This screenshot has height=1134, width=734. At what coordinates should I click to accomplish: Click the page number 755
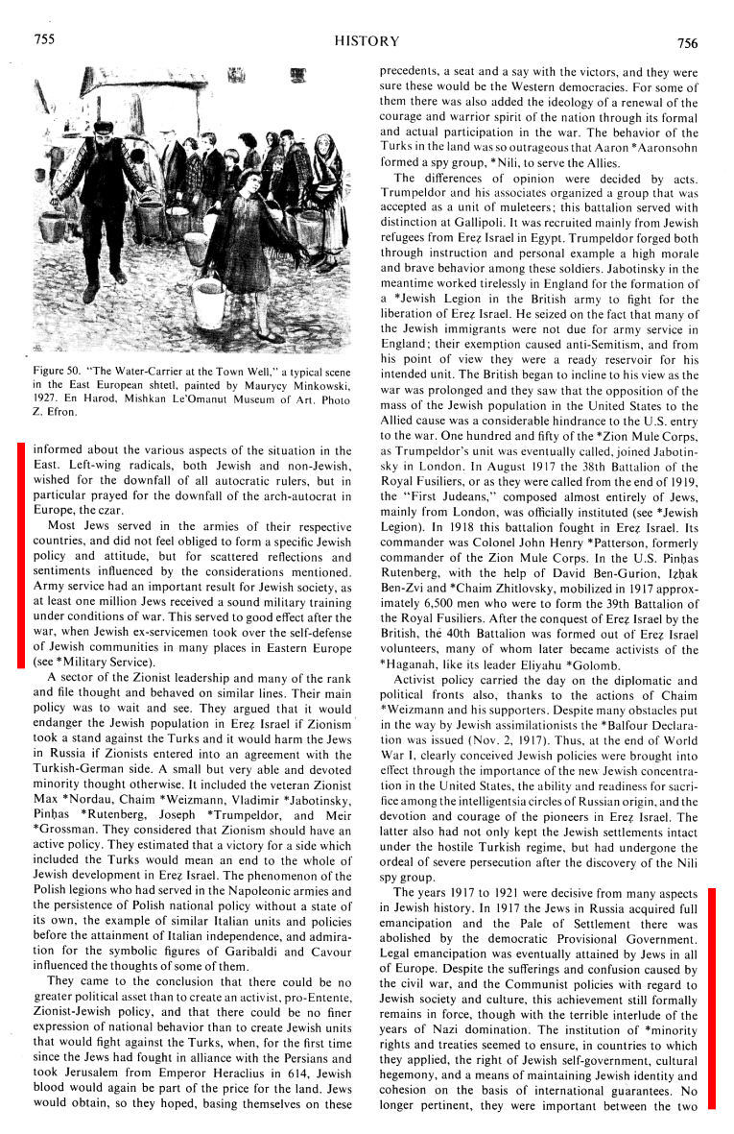44,39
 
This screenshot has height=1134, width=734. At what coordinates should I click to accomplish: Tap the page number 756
686,42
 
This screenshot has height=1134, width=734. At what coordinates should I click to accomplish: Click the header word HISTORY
367,41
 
